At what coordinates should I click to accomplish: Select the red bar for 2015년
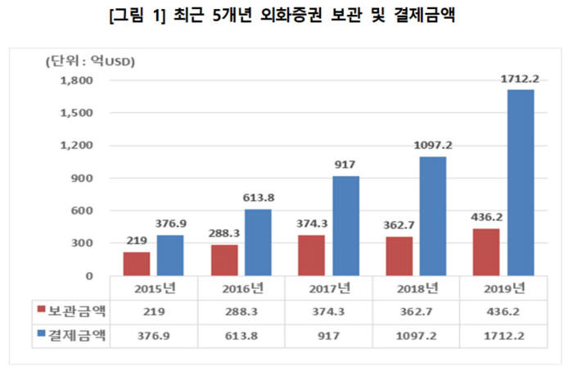point(137,264)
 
